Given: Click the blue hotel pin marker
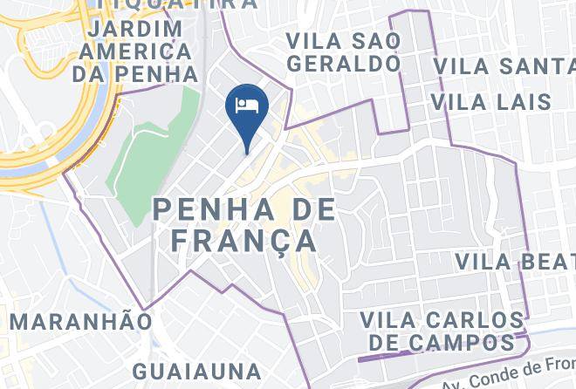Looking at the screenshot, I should click(247, 114).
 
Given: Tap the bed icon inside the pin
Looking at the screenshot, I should click(247, 105).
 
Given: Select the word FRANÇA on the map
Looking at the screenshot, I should click(243, 240).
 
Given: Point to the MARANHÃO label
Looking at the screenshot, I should click(80, 321).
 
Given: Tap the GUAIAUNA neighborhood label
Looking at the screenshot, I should click(197, 372).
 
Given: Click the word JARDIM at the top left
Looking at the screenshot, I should click(134, 28).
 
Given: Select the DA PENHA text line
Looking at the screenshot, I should click(135, 73).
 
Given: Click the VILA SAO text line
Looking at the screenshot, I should click(343, 41).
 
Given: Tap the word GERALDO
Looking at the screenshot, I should click(343, 64).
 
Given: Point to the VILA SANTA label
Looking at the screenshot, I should click(504, 66).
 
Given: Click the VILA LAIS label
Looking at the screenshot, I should click(491, 102).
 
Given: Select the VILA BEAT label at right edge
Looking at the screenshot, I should click(515, 261).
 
